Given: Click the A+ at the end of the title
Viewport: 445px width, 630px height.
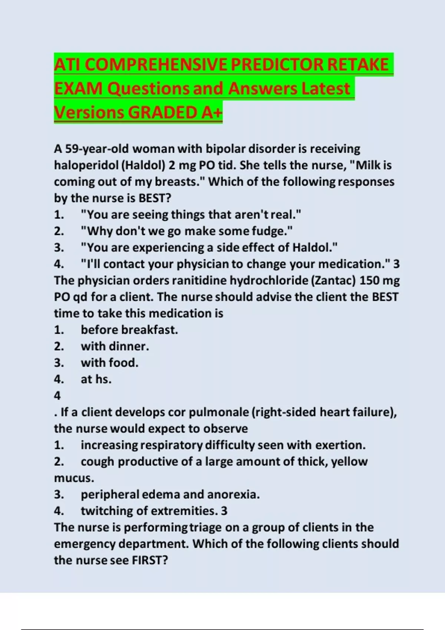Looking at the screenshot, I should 212,113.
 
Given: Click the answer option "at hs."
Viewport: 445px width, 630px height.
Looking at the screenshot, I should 96,379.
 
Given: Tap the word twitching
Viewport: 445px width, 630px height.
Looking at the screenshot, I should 107,511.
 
